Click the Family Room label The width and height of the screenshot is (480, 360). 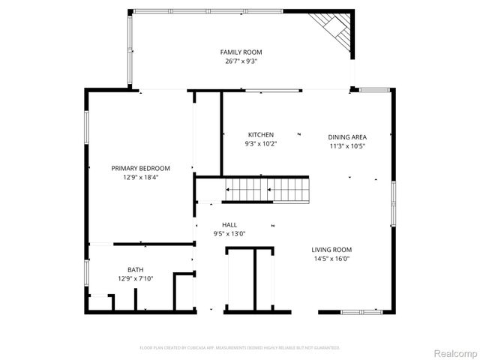click(x=241, y=52)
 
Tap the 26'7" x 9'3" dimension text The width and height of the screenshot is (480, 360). click(x=241, y=61)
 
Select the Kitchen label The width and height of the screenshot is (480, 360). click(x=260, y=135)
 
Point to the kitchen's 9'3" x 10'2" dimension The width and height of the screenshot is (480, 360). click(x=260, y=144)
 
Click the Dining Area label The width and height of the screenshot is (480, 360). click(x=347, y=137)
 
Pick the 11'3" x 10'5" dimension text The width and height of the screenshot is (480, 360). click(x=347, y=146)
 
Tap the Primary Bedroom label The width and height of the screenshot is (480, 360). click(x=140, y=168)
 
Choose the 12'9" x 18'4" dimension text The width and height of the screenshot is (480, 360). click(x=140, y=178)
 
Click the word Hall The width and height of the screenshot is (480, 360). click(x=229, y=225)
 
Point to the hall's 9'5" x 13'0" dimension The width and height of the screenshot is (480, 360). click(x=229, y=234)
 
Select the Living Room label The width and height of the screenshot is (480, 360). click(x=331, y=250)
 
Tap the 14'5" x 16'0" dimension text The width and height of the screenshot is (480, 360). click(x=331, y=259)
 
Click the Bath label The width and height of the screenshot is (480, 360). click(x=135, y=270)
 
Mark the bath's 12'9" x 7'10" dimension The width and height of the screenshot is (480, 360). click(x=135, y=279)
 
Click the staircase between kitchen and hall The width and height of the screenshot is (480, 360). click(x=268, y=190)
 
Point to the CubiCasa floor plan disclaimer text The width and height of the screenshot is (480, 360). click(x=240, y=348)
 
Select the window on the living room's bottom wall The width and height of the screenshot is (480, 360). click(x=362, y=311)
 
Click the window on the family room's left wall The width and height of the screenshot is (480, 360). click(x=130, y=50)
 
